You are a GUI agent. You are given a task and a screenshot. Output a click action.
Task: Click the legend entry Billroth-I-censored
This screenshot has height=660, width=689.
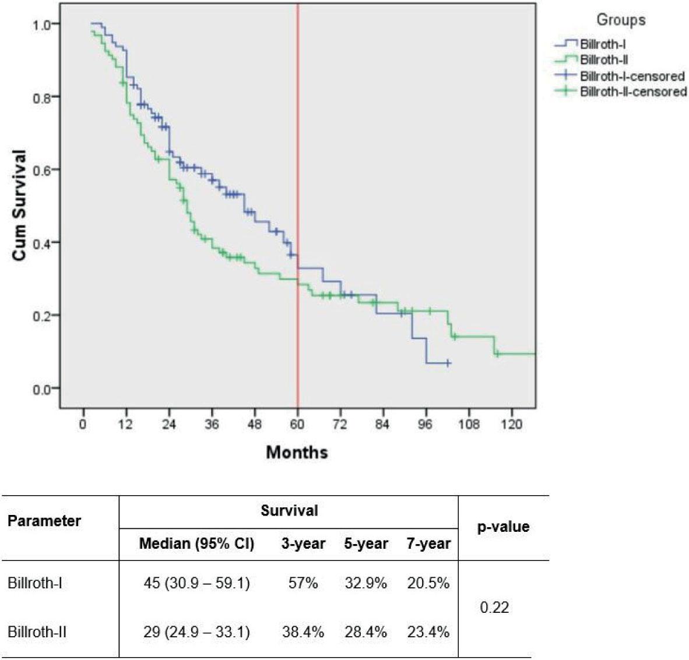coord(632,76)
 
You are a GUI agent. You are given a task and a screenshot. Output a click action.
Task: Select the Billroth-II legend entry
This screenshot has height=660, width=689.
coord(603,59)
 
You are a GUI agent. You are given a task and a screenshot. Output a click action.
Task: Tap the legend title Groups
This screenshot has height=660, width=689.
coord(620,20)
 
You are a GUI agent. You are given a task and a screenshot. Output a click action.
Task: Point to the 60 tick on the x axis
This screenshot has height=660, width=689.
coord(297,424)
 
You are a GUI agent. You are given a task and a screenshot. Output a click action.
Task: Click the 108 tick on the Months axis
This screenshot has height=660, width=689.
coord(469,424)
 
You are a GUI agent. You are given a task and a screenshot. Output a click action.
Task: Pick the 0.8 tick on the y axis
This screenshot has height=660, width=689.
coord(43,97)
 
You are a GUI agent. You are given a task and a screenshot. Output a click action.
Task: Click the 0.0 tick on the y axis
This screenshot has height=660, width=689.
coord(43,389)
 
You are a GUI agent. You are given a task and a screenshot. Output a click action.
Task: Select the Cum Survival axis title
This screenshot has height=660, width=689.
coord(20,205)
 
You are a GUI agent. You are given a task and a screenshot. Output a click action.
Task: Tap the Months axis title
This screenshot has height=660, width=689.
coord(297,452)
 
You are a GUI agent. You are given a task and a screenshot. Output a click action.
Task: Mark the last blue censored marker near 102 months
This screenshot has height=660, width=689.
coord(448,363)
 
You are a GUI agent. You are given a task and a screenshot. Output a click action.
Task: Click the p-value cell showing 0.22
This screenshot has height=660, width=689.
coord(494,608)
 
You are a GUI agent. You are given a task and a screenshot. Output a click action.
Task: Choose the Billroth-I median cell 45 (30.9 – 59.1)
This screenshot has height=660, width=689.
coord(196,583)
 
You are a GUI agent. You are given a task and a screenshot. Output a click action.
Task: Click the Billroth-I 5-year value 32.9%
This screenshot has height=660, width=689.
coord(365,583)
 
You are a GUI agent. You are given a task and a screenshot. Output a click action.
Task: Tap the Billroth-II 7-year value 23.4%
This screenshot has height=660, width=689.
coord(428,632)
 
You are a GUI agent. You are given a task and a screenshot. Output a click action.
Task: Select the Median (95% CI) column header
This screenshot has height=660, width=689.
coord(196,544)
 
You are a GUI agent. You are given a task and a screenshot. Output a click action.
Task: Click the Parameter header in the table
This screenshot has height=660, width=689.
coord(44,520)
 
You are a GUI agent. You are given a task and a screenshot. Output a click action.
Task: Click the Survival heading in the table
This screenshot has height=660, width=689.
coord(289,511)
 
